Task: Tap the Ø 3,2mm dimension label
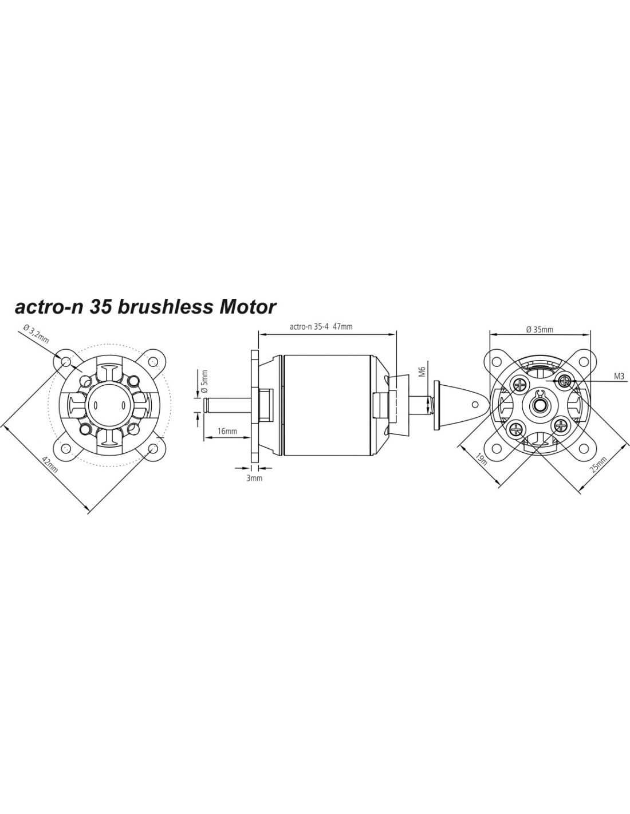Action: [x=36, y=334]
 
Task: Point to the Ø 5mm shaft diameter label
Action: [x=204, y=381]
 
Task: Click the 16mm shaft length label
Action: [x=227, y=431]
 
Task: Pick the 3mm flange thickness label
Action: [x=254, y=479]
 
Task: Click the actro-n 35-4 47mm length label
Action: [x=321, y=327]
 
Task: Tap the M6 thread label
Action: [x=422, y=372]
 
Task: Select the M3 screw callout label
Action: [x=619, y=377]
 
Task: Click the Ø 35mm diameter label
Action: [x=540, y=330]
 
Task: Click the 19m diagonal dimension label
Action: [x=481, y=459]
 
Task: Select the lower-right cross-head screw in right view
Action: [x=561, y=425]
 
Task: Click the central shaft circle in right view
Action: [x=540, y=405]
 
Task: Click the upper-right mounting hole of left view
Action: [x=153, y=362]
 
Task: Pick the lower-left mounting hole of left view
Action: [x=66, y=448]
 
